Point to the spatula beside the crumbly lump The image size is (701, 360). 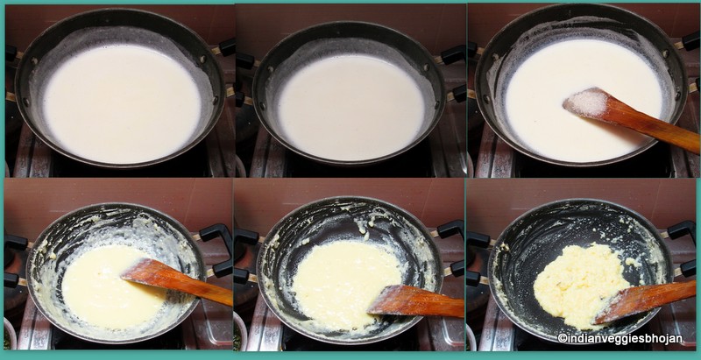click(x=644, y=299)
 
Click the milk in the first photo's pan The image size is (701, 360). click(x=121, y=103)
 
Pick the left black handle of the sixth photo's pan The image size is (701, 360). click(x=478, y=245)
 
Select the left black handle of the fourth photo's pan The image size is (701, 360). click(x=14, y=250)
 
